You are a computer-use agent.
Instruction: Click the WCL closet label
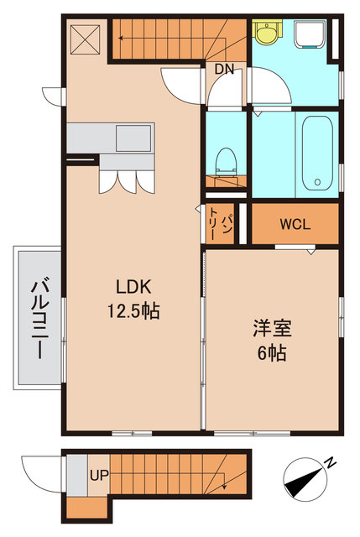click(295, 224)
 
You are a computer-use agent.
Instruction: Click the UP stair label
click(99, 475)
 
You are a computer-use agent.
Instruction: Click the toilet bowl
click(226, 159)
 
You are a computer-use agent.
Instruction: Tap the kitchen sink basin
click(133, 137)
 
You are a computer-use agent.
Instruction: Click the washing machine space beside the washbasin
click(311, 34)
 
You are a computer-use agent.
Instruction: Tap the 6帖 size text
click(271, 352)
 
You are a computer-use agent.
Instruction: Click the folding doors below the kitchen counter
click(121, 181)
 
